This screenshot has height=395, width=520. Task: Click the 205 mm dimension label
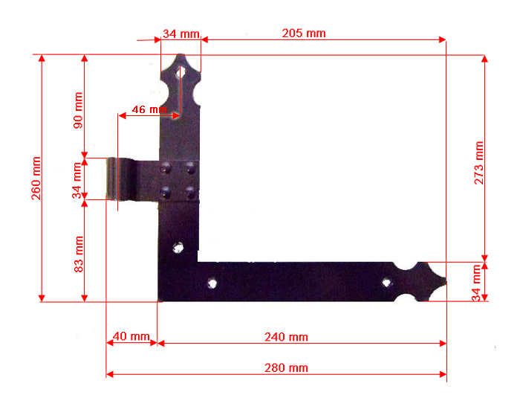click(x=304, y=33)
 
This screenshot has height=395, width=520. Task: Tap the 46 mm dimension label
click(x=149, y=109)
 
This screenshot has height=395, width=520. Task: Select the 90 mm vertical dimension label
click(x=78, y=110)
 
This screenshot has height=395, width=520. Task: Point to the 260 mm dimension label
click(x=36, y=179)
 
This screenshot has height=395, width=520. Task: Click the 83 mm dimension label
click(x=78, y=254)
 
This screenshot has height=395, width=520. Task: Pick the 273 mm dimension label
click(x=479, y=163)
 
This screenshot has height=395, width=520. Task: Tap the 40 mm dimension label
click(x=131, y=336)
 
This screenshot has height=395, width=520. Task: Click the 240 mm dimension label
click(x=286, y=337)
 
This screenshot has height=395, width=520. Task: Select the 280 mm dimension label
click(x=286, y=368)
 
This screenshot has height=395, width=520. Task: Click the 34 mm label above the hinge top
click(x=181, y=33)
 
